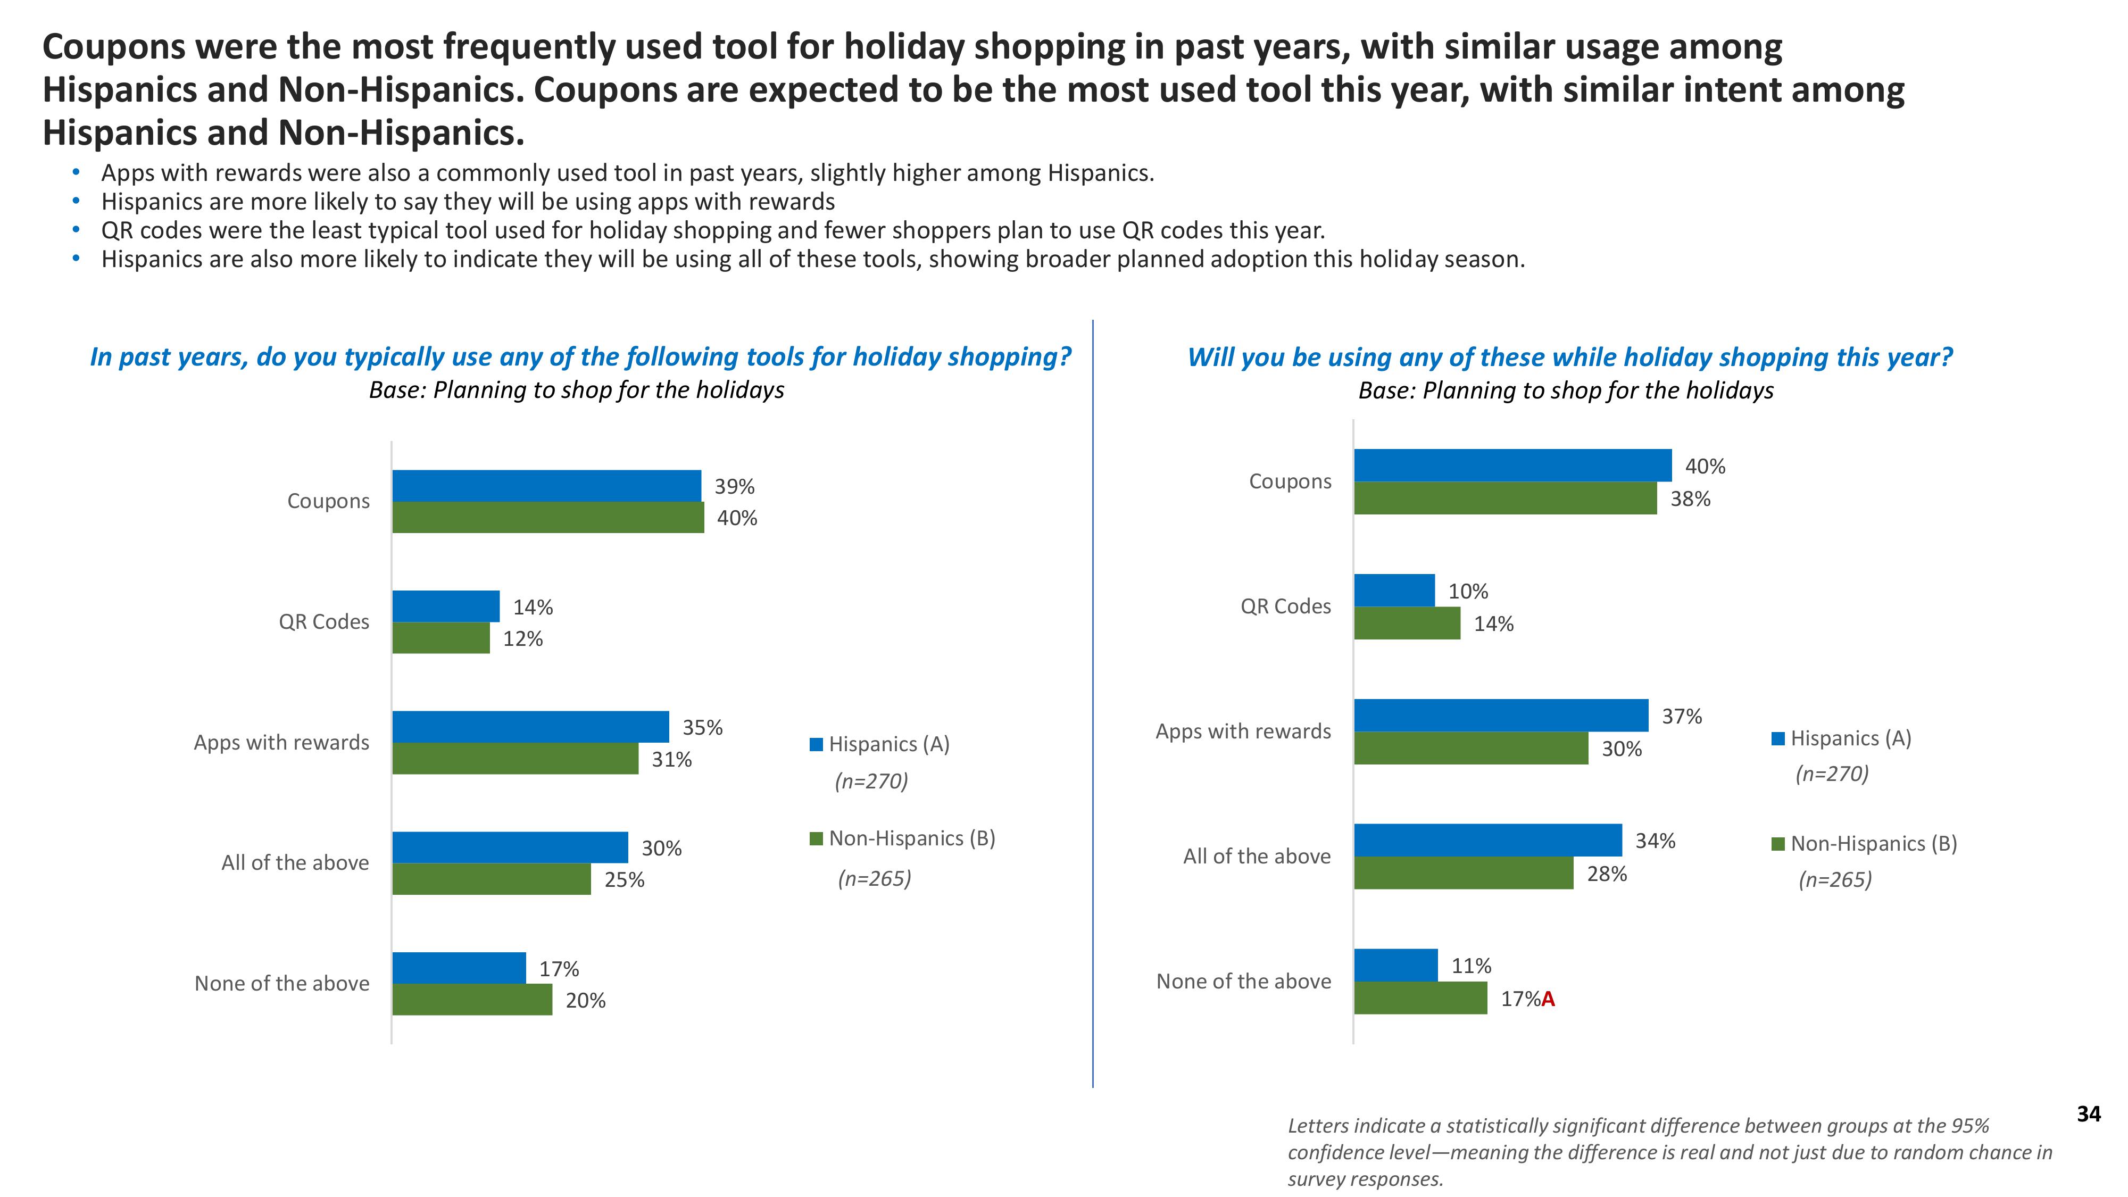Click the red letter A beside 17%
pyautogui.click(x=1548, y=1000)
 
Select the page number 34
pyautogui.click(x=2088, y=1115)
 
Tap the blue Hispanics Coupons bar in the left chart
pyautogui.click(x=546, y=486)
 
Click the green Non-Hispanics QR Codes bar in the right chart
pyautogui.click(x=1407, y=624)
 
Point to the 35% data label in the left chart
pyautogui.click(x=702, y=728)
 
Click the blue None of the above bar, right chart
pyautogui.click(x=1396, y=965)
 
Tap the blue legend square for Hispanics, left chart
pyautogui.click(x=816, y=744)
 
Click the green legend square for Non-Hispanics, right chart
pyautogui.click(x=1778, y=844)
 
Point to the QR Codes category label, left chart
pyautogui.click(x=324, y=622)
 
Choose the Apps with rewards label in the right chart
pyautogui.click(x=1243, y=731)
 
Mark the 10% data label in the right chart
pyautogui.click(x=1468, y=592)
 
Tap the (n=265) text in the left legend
pyautogui.click(x=874, y=878)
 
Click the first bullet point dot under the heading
pyautogui.click(x=77, y=173)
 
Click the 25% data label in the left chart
pyautogui.click(x=625, y=880)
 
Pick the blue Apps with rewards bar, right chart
pyautogui.click(x=1501, y=716)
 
